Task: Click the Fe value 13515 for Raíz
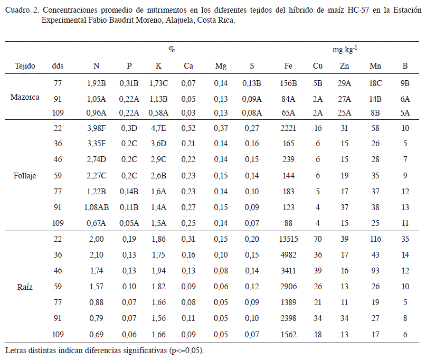pyautogui.click(x=288, y=239)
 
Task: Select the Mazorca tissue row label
pyautogui.click(x=25, y=97)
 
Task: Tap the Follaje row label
pyautogui.click(x=25, y=176)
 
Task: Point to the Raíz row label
pyautogui.click(x=25, y=287)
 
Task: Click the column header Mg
pyautogui.click(x=221, y=66)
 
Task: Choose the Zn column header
pyautogui.click(x=344, y=66)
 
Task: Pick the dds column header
pyautogui.click(x=58, y=66)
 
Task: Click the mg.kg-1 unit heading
pyautogui.click(x=345, y=49)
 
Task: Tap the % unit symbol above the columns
pyautogui.click(x=172, y=50)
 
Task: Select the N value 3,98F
pyautogui.click(x=96, y=128)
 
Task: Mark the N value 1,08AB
pyautogui.click(x=96, y=207)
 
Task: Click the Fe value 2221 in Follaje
pyautogui.click(x=288, y=128)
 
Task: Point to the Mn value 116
pyautogui.click(x=375, y=239)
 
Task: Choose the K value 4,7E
pyautogui.click(x=158, y=128)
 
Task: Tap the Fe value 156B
pyautogui.click(x=288, y=83)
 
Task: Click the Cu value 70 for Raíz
pyautogui.click(x=318, y=239)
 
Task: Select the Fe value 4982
pyautogui.click(x=288, y=255)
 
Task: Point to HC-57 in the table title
pyautogui.click(x=358, y=10)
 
